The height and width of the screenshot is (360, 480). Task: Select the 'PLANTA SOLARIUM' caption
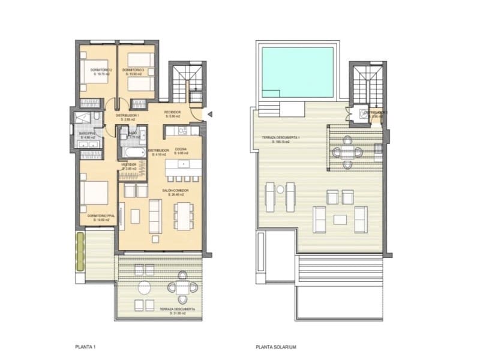(x=276, y=346)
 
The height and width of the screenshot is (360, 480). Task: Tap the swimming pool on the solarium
(x=298, y=73)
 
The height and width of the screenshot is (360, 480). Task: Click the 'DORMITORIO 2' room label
(x=101, y=70)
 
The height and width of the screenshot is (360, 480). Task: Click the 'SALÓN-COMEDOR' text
(x=175, y=190)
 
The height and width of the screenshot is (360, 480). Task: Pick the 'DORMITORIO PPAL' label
(x=100, y=216)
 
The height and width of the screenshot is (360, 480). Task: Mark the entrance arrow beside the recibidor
(x=209, y=114)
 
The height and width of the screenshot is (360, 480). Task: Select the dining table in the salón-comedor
(x=184, y=212)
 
